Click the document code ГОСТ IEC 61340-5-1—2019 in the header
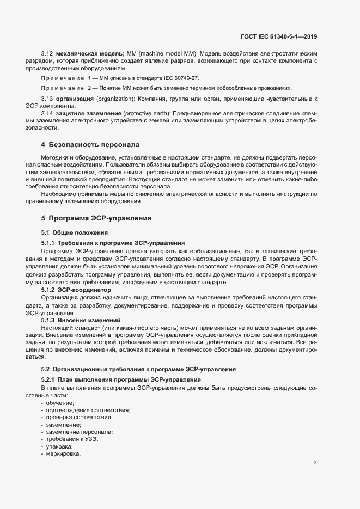278,36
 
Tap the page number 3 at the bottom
315,463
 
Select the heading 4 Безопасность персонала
90,145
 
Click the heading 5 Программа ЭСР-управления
96,218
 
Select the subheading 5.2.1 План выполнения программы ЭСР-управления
121,379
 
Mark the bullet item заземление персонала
80,432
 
